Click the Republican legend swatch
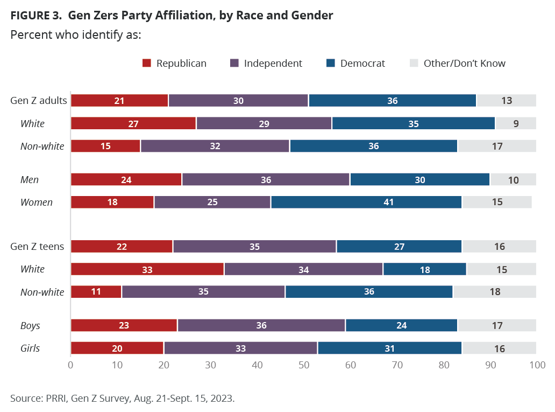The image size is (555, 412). pyautogui.click(x=147, y=64)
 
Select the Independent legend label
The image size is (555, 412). pyautogui.click(x=273, y=64)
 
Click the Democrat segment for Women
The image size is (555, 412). pyautogui.click(x=366, y=202)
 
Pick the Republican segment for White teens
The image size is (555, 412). pyautogui.click(x=147, y=269)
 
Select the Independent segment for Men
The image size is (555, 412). pyautogui.click(x=266, y=180)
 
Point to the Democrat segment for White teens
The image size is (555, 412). pyautogui.click(x=425, y=269)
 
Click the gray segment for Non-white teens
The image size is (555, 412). pyautogui.click(x=494, y=292)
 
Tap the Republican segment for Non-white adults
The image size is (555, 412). pyautogui.click(x=105, y=146)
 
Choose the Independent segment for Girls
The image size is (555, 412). pyautogui.click(x=240, y=348)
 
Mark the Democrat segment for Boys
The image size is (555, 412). pyautogui.click(x=401, y=326)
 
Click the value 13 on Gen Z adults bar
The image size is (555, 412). pyautogui.click(x=506, y=101)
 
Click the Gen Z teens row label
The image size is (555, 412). pyautogui.click(x=37, y=247)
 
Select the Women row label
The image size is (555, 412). pyautogui.click(x=37, y=202)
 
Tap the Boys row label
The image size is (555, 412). pyautogui.click(x=30, y=326)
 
